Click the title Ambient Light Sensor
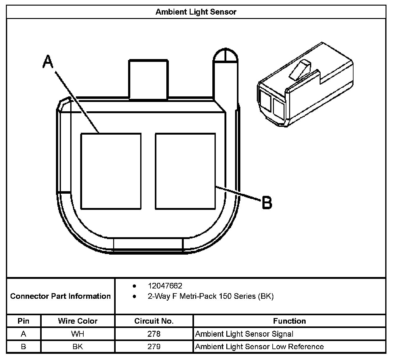196,12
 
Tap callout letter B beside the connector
267,202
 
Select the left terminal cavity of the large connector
111,171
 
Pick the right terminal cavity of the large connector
185,171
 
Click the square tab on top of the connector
148,79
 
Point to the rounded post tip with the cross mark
225,56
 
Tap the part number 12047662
165,286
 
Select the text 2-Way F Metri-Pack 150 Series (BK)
210,296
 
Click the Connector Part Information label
60,296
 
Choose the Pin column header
23,321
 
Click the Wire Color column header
78,321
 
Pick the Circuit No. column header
154,321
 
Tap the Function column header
289,321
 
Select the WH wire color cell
78,334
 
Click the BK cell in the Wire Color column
78,347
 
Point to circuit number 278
154,334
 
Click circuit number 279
154,347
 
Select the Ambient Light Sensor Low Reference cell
259,347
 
